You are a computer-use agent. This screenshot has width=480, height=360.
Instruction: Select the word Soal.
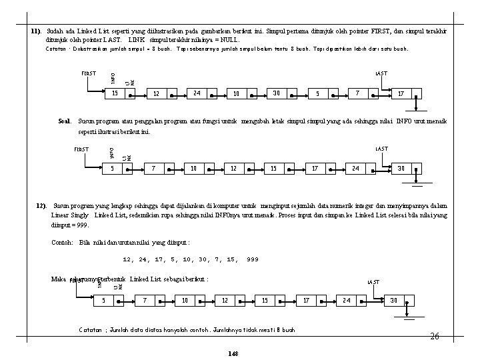point(65,121)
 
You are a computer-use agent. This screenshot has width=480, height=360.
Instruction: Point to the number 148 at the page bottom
point(232,352)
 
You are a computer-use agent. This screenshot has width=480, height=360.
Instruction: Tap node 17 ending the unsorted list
point(401,93)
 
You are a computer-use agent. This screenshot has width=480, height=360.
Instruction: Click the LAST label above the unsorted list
point(381,73)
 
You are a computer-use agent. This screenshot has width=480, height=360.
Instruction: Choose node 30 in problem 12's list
point(393,300)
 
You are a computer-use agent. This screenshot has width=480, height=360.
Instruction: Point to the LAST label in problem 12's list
point(374,282)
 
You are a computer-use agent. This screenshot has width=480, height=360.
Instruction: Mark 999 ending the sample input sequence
point(252,259)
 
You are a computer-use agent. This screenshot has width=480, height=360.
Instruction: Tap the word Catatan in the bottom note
point(91,330)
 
